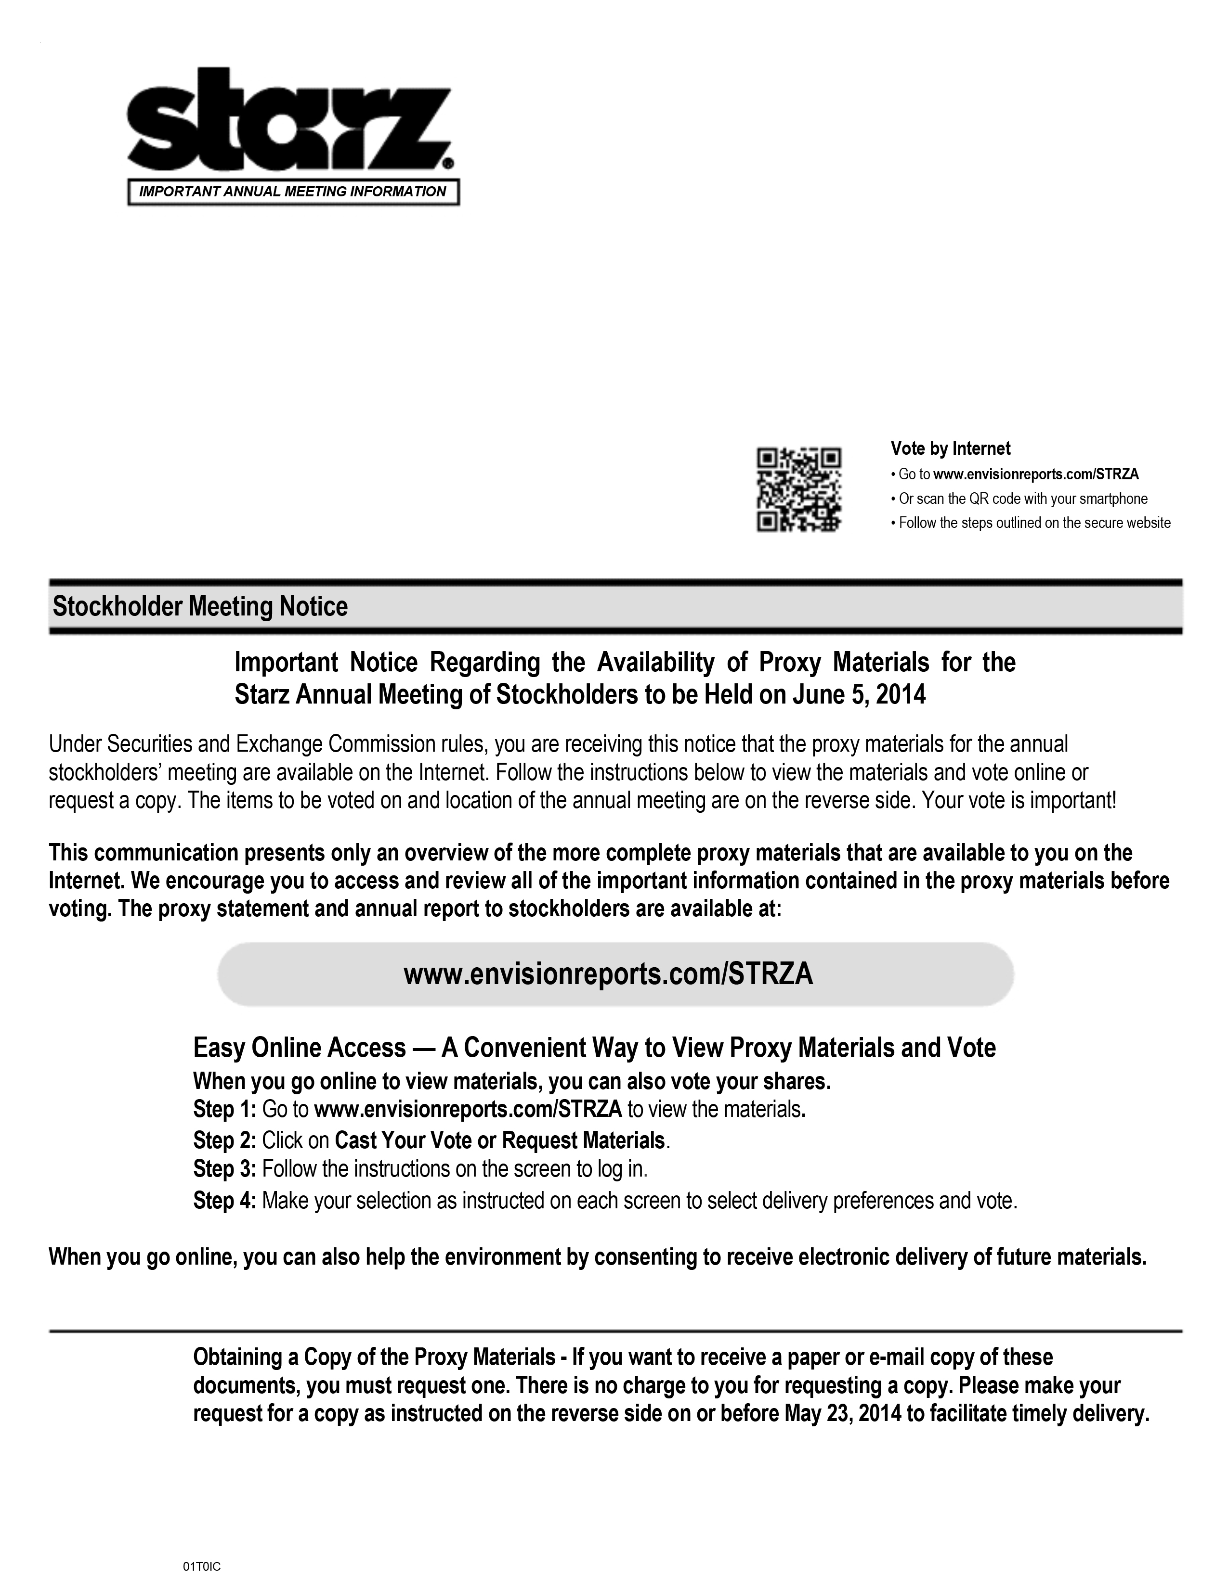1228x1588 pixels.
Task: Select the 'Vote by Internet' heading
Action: [x=950, y=448]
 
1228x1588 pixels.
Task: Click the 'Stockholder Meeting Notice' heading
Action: [x=200, y=606]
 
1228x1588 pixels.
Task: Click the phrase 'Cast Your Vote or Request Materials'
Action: [x=500, y=1140]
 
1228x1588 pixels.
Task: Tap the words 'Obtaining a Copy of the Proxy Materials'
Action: [x=374, y=1357]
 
